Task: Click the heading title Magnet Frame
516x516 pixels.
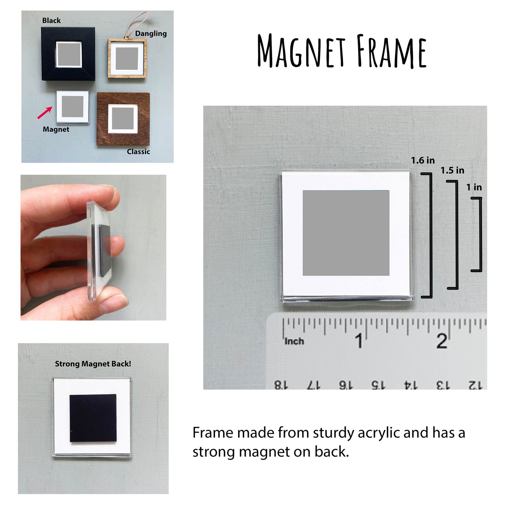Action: [342, 51]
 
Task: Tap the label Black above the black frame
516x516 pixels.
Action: [51, 20]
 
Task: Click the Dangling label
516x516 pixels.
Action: [151, 34]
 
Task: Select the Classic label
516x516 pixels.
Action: [138, 151]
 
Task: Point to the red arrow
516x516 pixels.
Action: [44, 113]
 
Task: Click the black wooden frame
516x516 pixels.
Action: [68, 54]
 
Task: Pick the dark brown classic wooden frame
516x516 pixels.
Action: [123, 119]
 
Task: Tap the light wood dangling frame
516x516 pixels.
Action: [127, 58]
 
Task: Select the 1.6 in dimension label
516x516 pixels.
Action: [423, 160]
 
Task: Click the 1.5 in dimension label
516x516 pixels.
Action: [452, 170]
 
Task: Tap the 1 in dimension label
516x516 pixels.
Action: [474, 187]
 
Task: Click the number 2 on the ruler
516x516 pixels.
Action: [442, 341]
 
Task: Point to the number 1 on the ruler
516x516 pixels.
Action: [359, 341]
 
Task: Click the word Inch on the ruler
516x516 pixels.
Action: [294, 341]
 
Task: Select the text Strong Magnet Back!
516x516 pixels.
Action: [93, 364]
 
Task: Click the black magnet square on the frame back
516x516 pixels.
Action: [93, 418]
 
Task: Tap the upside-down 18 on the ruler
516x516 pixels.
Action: [281, 385]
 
